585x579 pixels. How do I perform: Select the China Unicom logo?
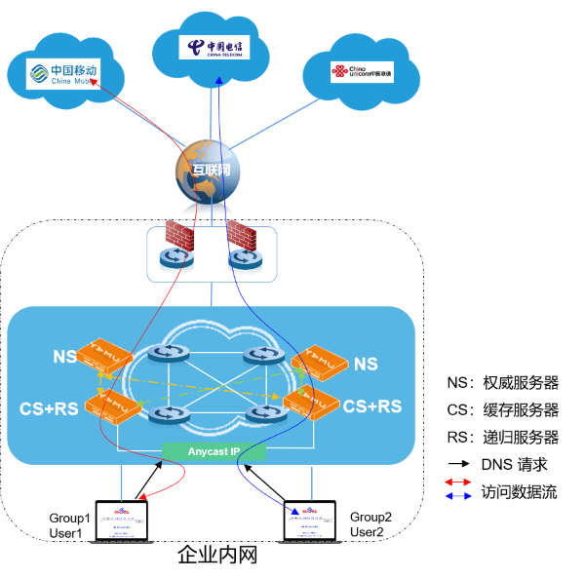pos(361,71)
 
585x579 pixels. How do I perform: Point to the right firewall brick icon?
pos(241,235)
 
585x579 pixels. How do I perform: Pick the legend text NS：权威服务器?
pos(502,382)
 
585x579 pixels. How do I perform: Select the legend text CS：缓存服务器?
pos(502,409)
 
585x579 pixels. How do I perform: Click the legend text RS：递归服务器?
pos(502,437)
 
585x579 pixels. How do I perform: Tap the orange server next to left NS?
pos(107,360)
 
